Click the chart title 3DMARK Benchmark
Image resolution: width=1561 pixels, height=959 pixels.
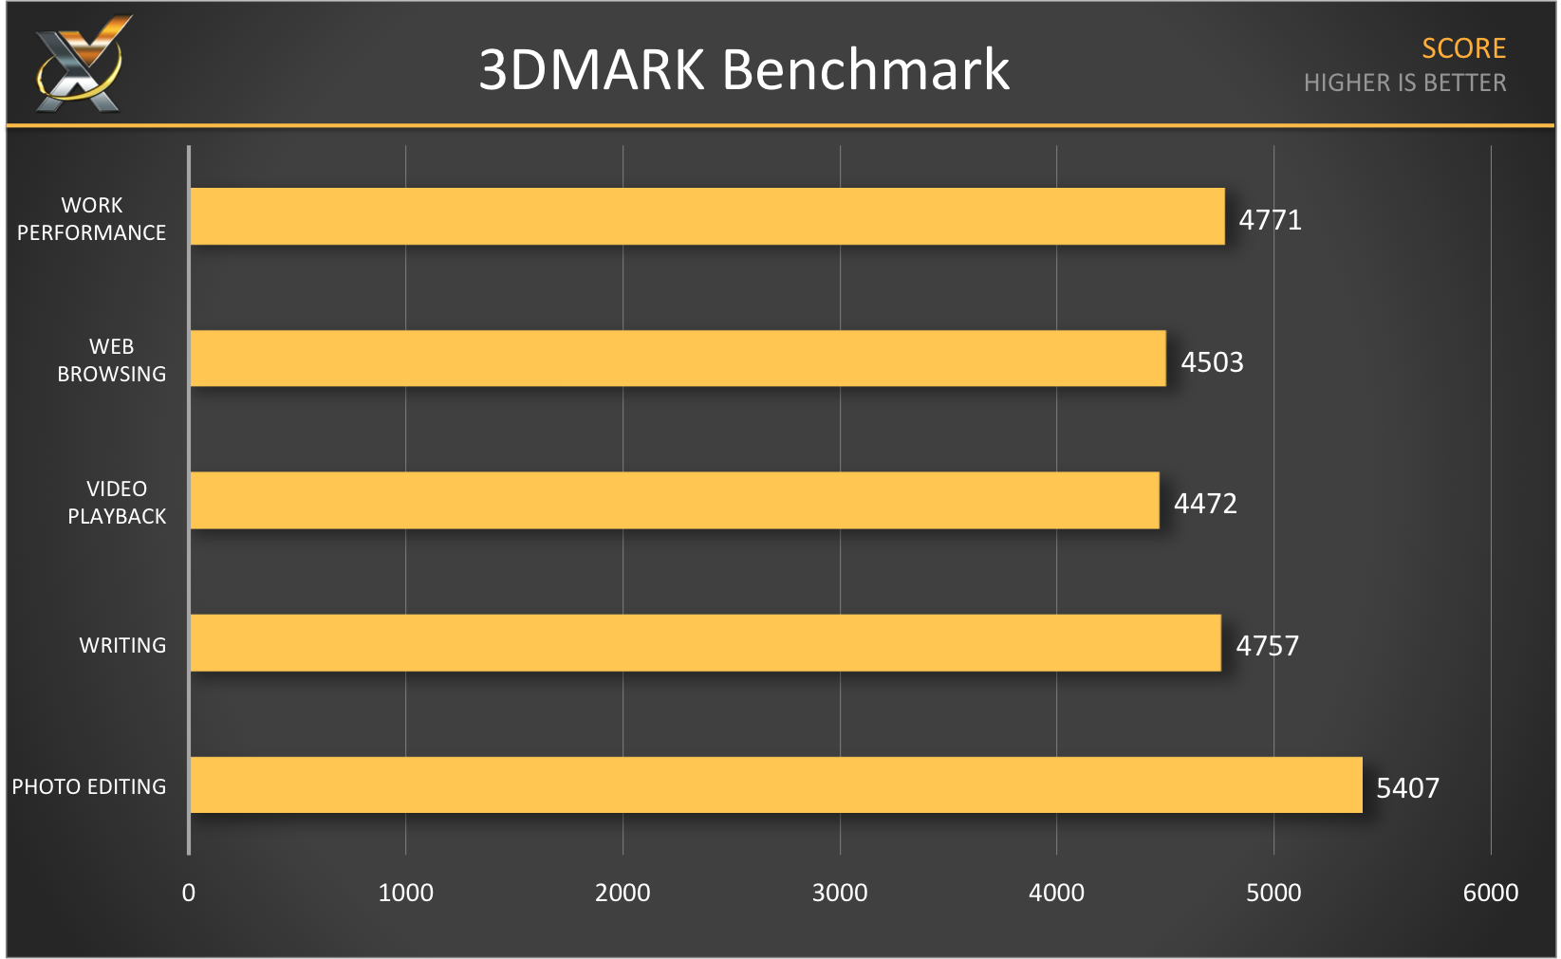point(744,70)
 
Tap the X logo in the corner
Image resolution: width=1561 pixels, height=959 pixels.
point(81,65)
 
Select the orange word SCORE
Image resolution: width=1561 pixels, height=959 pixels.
point(1463,48)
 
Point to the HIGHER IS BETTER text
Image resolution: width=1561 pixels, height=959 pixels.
point(1404,83)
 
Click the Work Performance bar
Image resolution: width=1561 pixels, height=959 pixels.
point(707,216)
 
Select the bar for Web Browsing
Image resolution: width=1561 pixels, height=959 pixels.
point(678,359)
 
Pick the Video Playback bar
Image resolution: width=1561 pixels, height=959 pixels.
point(674,500)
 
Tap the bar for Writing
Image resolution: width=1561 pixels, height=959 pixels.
point(705,642)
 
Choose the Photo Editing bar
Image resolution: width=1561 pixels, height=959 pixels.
point(775,784)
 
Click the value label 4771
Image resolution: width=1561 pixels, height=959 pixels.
point(1270,220)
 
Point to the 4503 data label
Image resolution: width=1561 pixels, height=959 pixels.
point(1212,362)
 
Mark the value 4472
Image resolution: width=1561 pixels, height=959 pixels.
point(1205,504)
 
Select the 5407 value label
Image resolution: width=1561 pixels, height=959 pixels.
point(1407,788)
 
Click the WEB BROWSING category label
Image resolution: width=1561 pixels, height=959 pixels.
point(111,360)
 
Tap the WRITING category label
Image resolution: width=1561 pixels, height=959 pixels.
point(122,645)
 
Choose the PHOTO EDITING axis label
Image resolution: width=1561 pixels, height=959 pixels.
point(89,786)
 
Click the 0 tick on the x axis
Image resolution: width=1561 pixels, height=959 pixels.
point(189,893)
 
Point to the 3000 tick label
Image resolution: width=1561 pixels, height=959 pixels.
point(840,893)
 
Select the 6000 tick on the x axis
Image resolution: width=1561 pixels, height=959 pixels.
point(1490,893)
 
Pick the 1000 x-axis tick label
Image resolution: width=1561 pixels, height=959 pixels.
point(405,893)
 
